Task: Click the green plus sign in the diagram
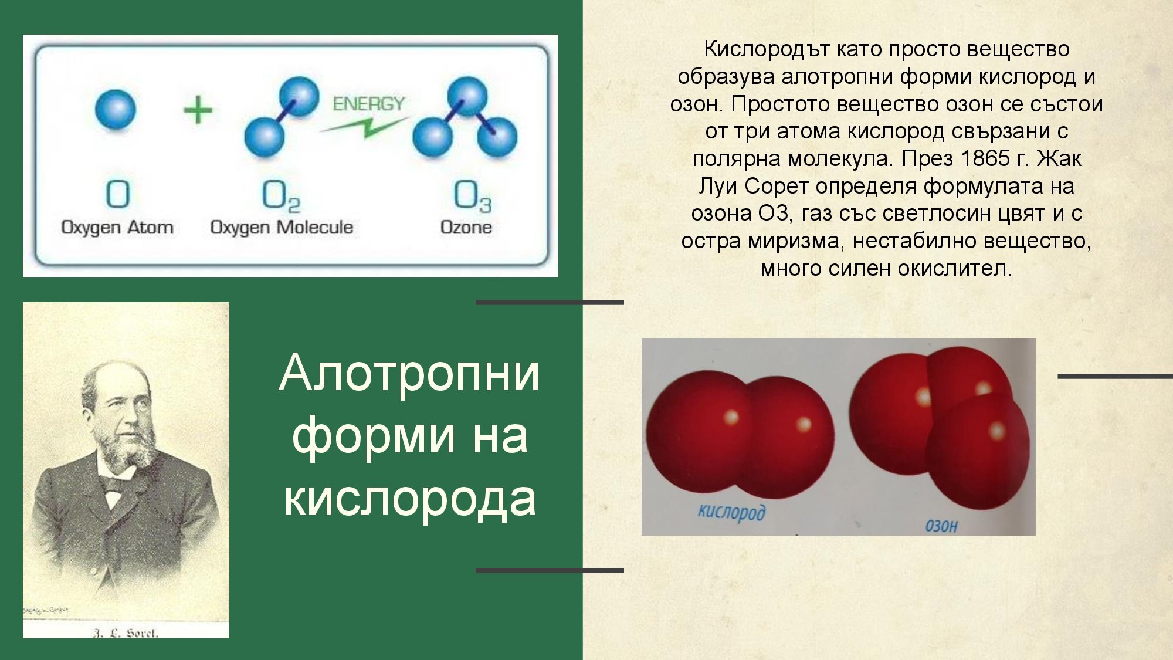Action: click(x=198, y=110)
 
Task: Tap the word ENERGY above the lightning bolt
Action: click(x=368, y=104)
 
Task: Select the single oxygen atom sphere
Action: click(x=116, y=109)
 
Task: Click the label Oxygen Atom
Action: click(x=117, y=227)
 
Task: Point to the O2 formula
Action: click(x=281, y=195)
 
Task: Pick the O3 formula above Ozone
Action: click(x=472, y=195)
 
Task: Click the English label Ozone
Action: click(x=466, y=227)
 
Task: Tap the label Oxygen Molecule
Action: click(x=282, y=227)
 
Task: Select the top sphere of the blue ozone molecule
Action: click(x=467, y=96)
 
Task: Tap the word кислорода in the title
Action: click(x=409, y=498)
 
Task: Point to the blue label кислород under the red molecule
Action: click(x=731, y=512)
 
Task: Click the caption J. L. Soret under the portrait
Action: click(x=126, y=633)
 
